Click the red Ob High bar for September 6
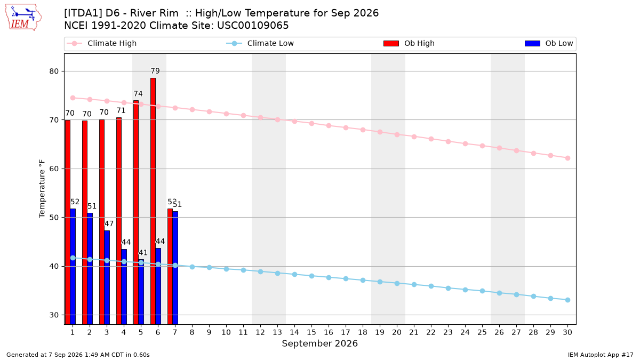pyautogui.click(x=153, y=201)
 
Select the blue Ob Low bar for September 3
pyautogui.click(x=107, y=277)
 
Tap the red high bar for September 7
pyautogui.click(x=170, y=267)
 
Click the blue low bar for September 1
pyautogui.click(x=73, y=267)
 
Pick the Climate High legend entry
pyautogui.click(x=101, y=43)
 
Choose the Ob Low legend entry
pyautogui.click(x=549, y=43)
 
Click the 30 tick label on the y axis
pyautogui.click(x=54, y=315)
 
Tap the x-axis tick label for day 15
pyautogui.click(x=311, y=332)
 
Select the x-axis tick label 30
pyautogui.click(x=567, y=332)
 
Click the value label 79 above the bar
pyautogui.click(x=155, y=71)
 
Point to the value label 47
pyautogui.click(x=109, y=223)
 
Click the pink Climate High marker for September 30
pyautogui.click(x=567, y=158)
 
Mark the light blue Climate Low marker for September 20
pyautogui.click(x=397, y=283)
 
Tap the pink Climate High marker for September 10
pyautogui.click(x=226, y=114)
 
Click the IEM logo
pyautogui.click(x=23, y=17)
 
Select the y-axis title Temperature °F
pyautogui.click(x=42, y=189)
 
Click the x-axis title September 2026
pyautogui.click(x=319, y=343)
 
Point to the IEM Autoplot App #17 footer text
pyautogui.click(x=601, y=355)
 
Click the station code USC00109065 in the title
pyautogui.click(x=253, y=26)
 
